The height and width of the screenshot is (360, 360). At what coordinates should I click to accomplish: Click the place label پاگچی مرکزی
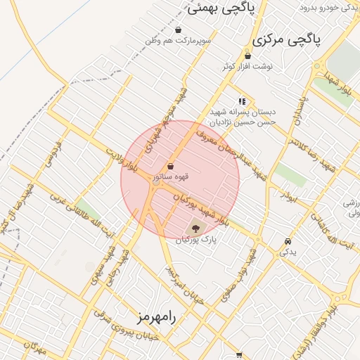[x=286, y=39]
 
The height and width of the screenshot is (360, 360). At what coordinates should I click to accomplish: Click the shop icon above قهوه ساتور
[x=171, y=167]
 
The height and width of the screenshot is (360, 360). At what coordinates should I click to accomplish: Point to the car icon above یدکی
[x=288, y=241]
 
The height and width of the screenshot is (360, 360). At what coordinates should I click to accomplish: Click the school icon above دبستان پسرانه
[x=243, y=101]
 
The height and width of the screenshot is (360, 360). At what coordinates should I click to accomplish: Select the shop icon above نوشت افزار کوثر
[x=247, y=56]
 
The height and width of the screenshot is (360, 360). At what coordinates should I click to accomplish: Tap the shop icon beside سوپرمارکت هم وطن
[x=179, y=30]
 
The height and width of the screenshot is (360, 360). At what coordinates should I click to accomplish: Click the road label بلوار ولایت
[x=122, y=159]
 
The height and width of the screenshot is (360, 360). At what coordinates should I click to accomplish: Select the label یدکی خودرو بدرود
[x=330, y=8]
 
